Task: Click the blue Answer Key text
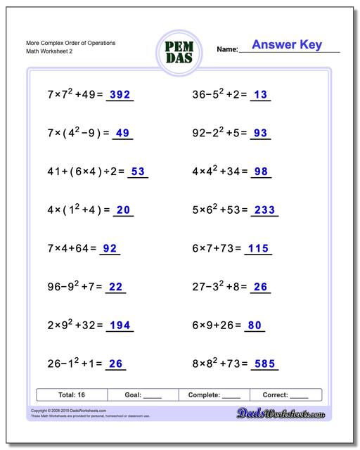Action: pos(286,45)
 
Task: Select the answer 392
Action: pos(120,95)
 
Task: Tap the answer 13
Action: pos(260,95)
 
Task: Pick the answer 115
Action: pos(259,248)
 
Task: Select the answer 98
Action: pos(261,172)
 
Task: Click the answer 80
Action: pos(255,325)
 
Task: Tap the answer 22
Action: pos(116,286)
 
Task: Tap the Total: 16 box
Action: pos(71,395)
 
